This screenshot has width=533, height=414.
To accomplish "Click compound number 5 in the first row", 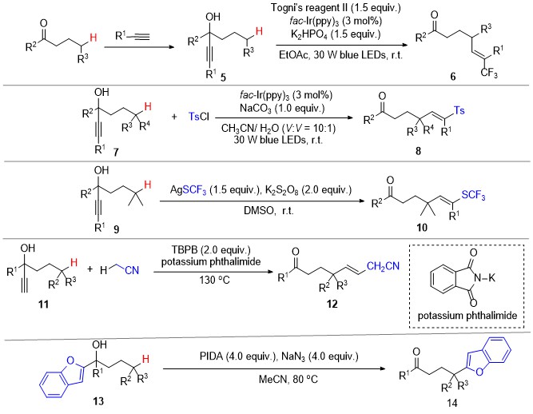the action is click(223, 78).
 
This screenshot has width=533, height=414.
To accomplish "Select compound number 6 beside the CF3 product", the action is click(453, 77).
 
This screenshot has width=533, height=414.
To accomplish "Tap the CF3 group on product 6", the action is click(489, 73).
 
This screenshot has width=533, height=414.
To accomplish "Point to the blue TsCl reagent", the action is click(199, 117).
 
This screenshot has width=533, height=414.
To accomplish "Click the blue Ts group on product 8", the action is click(459, 110).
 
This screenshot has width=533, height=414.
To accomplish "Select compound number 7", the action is click(116, 152).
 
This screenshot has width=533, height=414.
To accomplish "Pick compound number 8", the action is click(419, 150).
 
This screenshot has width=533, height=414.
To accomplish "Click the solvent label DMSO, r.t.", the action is click(268, 211).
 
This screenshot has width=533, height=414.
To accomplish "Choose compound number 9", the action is click(116, 229).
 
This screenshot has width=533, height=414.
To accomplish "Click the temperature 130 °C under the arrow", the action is click(214, 280).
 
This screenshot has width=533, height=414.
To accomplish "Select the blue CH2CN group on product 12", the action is click(383, 266).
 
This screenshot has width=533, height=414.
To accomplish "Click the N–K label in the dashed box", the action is click(485, 278).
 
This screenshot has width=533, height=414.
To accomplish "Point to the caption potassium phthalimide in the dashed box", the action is click(467, 316).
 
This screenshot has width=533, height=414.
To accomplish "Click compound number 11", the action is click(43, 304).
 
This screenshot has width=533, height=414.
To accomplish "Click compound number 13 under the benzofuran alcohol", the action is click(98, 401).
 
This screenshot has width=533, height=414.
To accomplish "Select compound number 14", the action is click(452, 403).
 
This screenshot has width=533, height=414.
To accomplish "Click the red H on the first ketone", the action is click(93, 37).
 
